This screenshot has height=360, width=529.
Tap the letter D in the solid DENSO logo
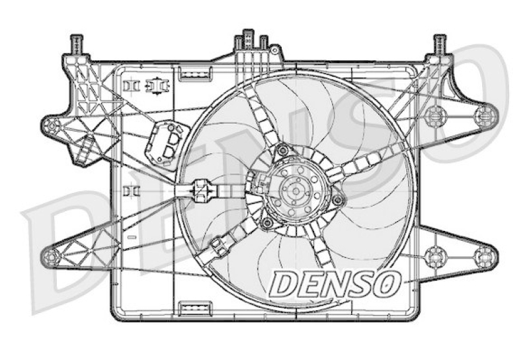[x=284, y=284]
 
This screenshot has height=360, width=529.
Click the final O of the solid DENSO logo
[x=387, y=284]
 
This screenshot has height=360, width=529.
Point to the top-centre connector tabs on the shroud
[x=252, y=41]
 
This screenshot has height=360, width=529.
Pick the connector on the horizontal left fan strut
[x=200, y=190]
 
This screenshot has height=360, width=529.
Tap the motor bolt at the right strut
[x=338, y=199]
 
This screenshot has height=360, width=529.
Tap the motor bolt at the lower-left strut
[x=266, y=222]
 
